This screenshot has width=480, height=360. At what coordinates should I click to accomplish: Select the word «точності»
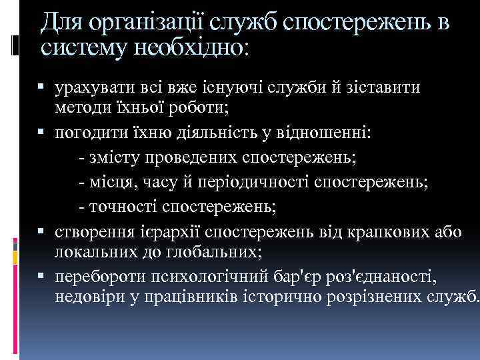tap(121, 208)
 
